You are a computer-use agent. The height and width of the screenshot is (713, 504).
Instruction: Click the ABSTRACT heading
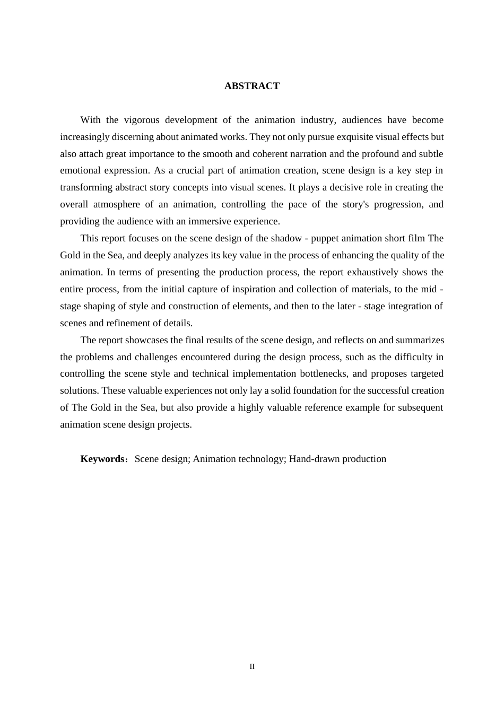[251, 86]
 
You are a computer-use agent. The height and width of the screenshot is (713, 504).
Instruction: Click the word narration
[294, 154]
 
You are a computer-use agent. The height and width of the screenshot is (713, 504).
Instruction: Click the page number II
[252, 667]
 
